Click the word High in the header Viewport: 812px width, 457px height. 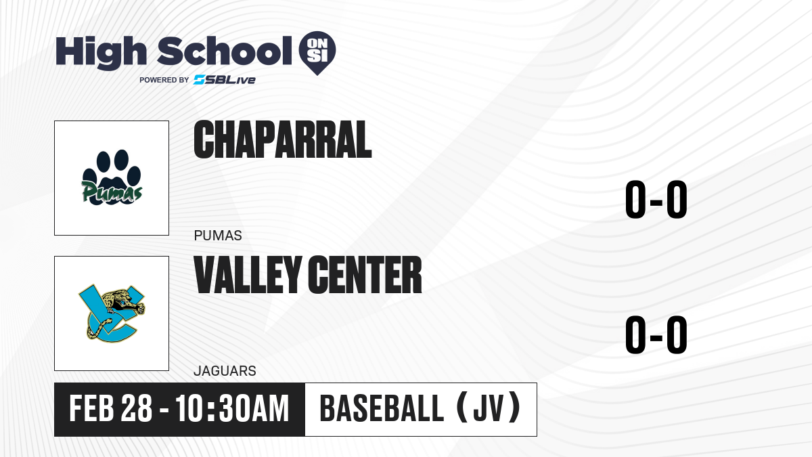(x=101, y=52)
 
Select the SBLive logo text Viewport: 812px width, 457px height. (x=225, y=79)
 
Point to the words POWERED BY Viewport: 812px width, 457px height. (x=164, y=80)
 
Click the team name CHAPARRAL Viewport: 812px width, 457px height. (x=283, y=139)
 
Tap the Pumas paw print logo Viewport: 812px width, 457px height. (x=112, y=177)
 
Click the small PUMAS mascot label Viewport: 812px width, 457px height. (x=218, y=236)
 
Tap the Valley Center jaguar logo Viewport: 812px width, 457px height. (x=112, y=313)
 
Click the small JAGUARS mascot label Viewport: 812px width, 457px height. (x=225, y=371)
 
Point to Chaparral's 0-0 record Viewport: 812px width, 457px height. (x=656, y=200)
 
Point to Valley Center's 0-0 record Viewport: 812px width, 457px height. (x=656, y=334)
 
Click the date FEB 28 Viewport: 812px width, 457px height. (x=110, y=408)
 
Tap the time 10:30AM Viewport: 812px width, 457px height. (x=232, y=408)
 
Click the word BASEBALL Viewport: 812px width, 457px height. (x=382, y=408)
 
